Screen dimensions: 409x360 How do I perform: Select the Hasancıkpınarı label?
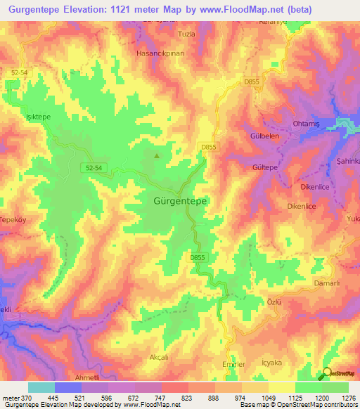[164, 53]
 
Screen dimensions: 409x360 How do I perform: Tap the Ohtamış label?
[306, 124]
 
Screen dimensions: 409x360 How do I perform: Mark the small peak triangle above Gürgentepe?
[156, 156]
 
